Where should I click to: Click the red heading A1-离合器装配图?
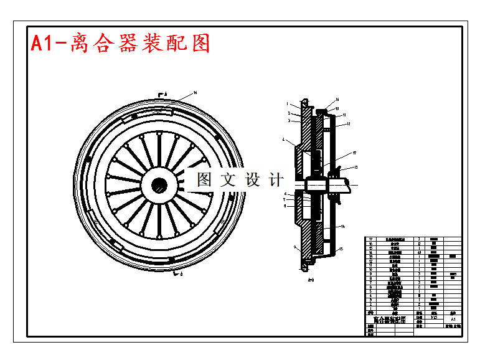tap(121, 43)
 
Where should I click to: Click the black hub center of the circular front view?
tap(159, 184)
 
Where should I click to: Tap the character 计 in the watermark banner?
tap(275, 180)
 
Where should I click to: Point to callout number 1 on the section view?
tap(287, 104)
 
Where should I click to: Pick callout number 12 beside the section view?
tap(349, 124)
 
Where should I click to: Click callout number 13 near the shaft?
tap(355, 168)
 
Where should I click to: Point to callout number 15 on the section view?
tap(342, 249)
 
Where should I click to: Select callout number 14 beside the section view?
tap(343, 227)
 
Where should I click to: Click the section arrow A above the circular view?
tap(164, 93)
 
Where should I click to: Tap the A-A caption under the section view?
tap(311, 281)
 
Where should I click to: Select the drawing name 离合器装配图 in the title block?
tap(389, 320)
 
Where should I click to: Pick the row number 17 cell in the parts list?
tap(372, 239)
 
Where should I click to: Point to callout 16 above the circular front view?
tap(195, 92)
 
